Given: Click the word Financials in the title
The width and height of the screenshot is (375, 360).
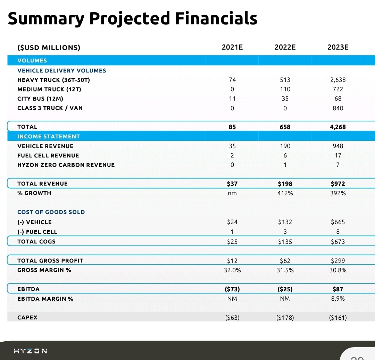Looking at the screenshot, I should point(216,18).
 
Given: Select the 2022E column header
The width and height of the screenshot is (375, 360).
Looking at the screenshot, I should point(285,47).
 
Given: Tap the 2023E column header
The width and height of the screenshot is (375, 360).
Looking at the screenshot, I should point(338,47).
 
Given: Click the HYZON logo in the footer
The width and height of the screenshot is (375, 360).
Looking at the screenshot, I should point(31,351).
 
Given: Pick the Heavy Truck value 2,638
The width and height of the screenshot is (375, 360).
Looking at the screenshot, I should point(338,80).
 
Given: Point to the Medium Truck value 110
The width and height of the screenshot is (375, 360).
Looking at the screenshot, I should point(285,89).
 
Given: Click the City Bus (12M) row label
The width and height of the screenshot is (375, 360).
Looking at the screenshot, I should point(40,98).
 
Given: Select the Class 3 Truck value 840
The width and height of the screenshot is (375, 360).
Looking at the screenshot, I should point(338,108).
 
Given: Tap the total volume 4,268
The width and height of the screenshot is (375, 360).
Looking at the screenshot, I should point(338,127).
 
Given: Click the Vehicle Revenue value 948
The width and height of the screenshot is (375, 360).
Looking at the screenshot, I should point(338,146).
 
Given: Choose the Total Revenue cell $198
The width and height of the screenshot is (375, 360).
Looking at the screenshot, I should point(285,183).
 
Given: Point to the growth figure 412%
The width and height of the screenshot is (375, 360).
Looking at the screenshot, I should point(285,193).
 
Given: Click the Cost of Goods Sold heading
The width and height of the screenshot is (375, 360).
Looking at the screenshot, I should point(51,212).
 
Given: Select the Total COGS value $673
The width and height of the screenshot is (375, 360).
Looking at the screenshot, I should point(338,242).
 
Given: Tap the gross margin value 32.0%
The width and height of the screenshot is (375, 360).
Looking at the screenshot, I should point(232,270).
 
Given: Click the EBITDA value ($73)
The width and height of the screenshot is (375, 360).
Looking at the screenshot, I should point(232,289).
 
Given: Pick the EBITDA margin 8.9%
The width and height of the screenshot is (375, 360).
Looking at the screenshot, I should point(338,299).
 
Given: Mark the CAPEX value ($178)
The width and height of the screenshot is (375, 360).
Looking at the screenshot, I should point(285,317).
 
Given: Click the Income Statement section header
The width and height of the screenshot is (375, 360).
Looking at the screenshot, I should point(49,136).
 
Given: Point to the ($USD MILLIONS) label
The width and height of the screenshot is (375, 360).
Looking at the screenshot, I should point(49,48).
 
